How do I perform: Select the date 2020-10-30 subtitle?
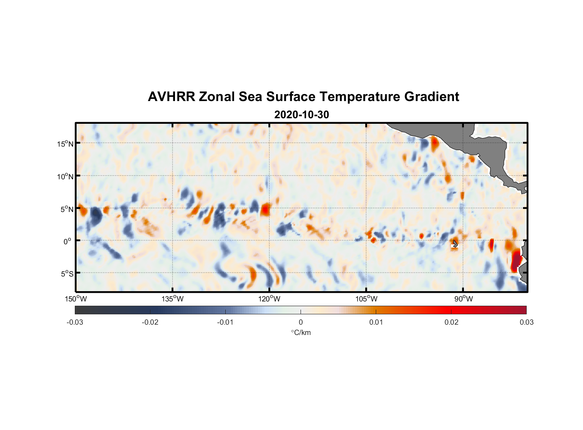click(x=301, y=115)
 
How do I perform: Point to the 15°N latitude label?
click(x=65, y=144)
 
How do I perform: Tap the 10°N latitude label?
click(x=65, y=176)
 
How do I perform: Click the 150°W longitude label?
click(x=76, y=299)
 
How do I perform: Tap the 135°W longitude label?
click(x=172, y=299)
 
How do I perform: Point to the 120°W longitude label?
click(x=269, y=299)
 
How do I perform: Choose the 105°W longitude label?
click(x=366, y=299)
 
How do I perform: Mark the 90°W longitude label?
click(x=463, y=299)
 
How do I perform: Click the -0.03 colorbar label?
click(x=75, y=322)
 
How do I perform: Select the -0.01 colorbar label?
click(x=225, y=322)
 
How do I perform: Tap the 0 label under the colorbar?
click(x=301, y=322)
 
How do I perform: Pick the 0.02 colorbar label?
click(x=451, y=322)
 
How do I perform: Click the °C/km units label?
click(x=301, y=332)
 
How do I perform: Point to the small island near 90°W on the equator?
click(x=455, y=244)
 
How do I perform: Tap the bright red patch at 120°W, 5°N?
click(x=266, y=209)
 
